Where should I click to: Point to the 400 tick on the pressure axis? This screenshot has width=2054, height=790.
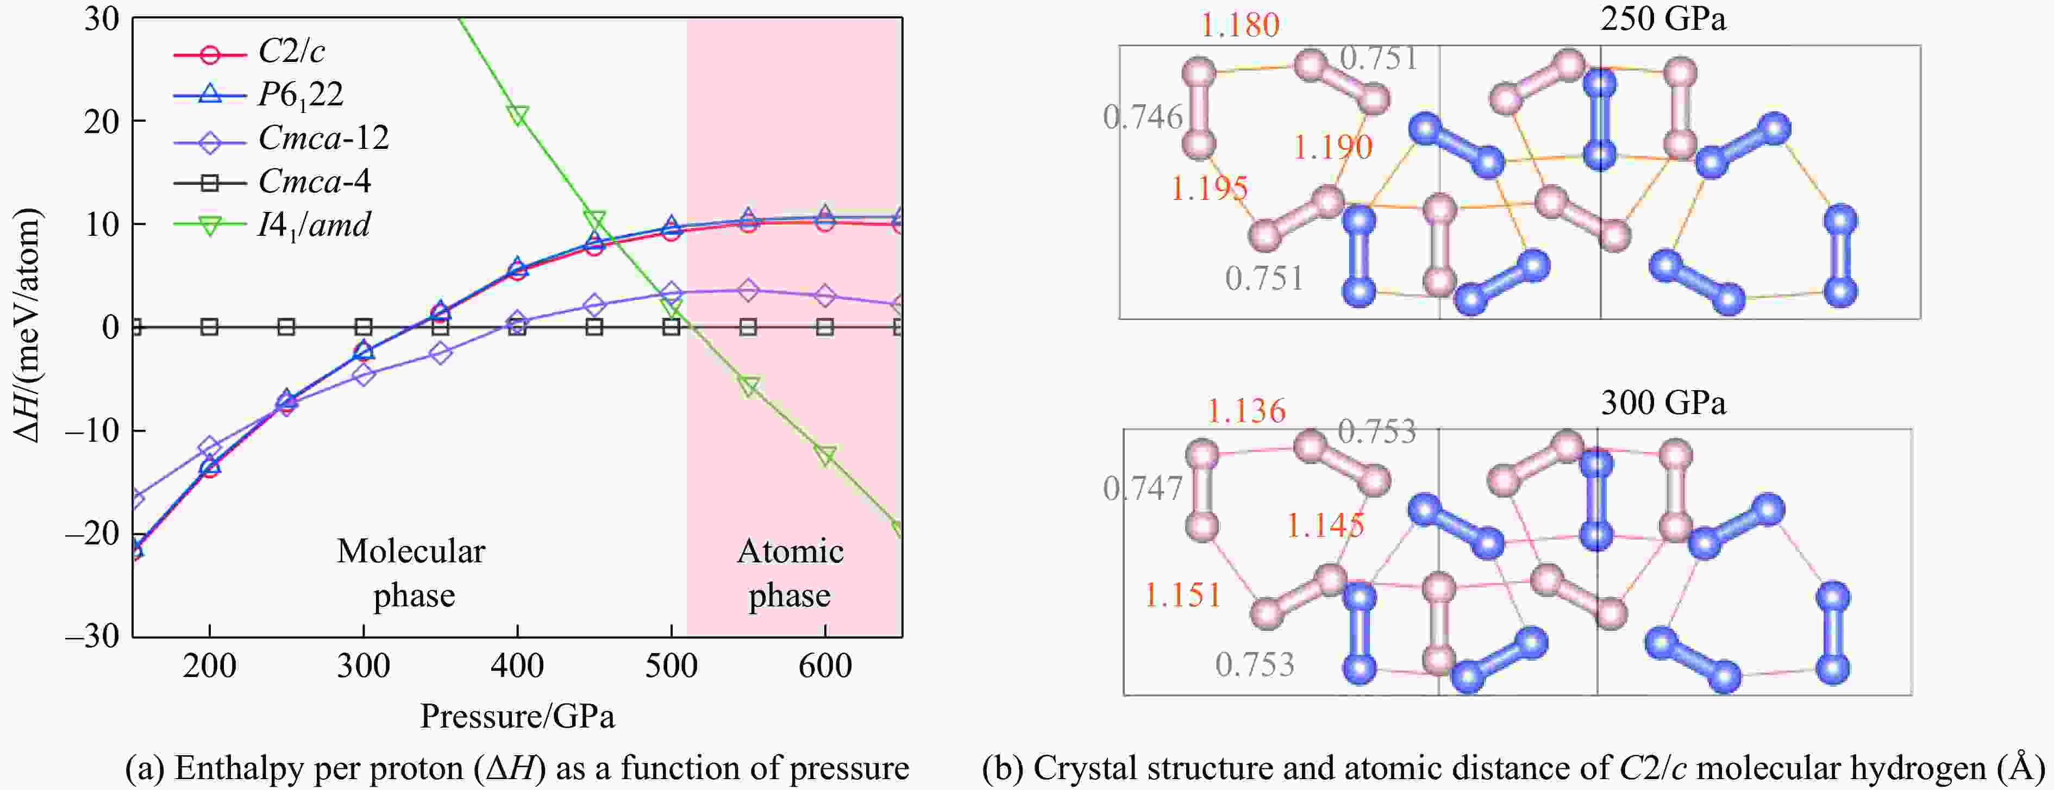(517, 666)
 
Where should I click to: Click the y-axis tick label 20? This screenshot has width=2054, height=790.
(102, 121)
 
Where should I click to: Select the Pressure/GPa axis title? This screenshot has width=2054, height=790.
(517, 717)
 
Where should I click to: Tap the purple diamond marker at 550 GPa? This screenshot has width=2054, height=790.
(748, 290)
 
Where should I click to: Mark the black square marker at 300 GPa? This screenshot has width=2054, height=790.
(364, 327)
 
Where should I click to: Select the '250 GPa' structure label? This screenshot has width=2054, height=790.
(1663, 19)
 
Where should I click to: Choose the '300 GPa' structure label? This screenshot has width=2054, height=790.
(1663, 403)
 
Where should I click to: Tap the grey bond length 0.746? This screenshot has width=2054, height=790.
(1143, 118)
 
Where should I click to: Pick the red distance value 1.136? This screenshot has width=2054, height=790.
(1245, 411)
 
